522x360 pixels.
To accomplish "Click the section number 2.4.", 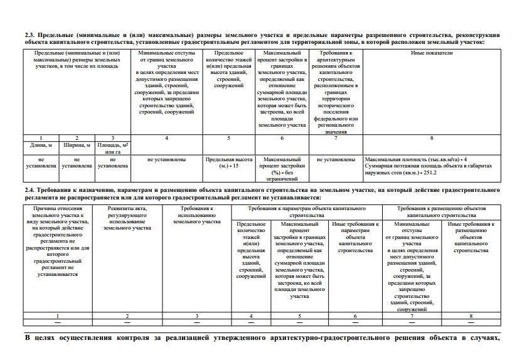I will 29,188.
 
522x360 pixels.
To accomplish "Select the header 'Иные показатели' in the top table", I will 431,54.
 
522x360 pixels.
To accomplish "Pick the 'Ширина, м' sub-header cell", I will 77,145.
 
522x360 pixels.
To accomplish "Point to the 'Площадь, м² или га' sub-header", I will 112,148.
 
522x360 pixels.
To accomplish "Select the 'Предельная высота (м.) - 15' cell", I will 228,163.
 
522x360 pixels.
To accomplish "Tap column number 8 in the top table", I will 431,137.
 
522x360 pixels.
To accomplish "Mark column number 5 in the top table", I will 228,137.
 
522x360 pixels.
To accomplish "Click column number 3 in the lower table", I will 197,315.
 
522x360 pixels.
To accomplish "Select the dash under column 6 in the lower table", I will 355,322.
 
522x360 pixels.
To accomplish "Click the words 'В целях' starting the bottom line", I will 43,339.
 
